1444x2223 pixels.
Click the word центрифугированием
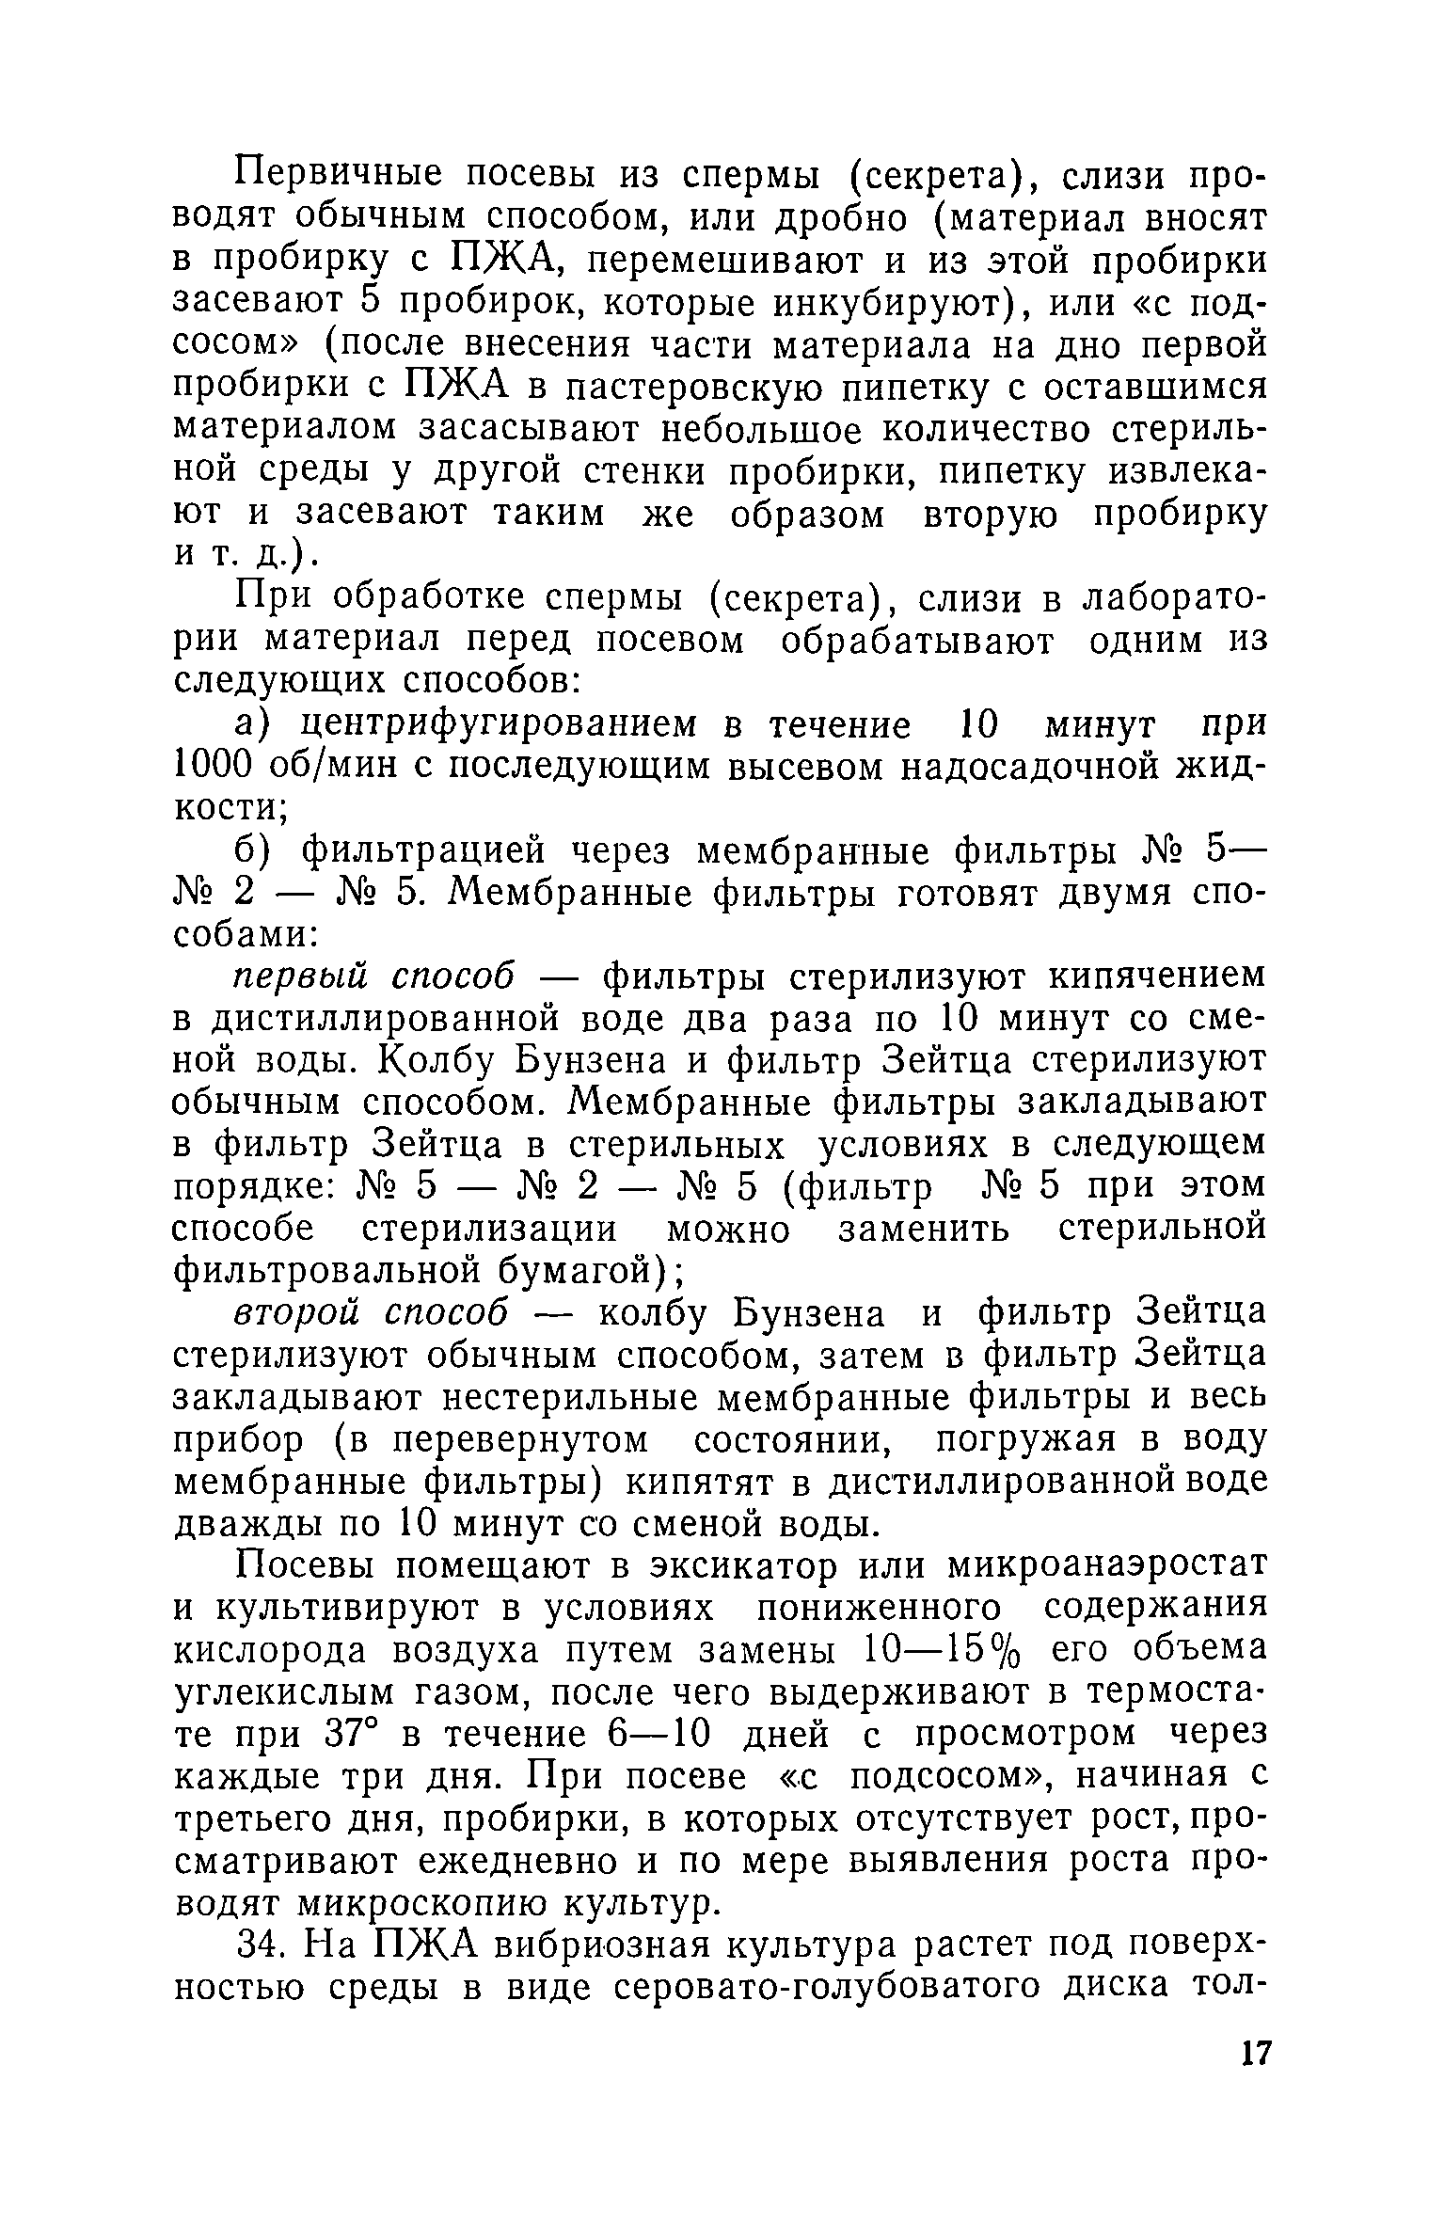point(509,725)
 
